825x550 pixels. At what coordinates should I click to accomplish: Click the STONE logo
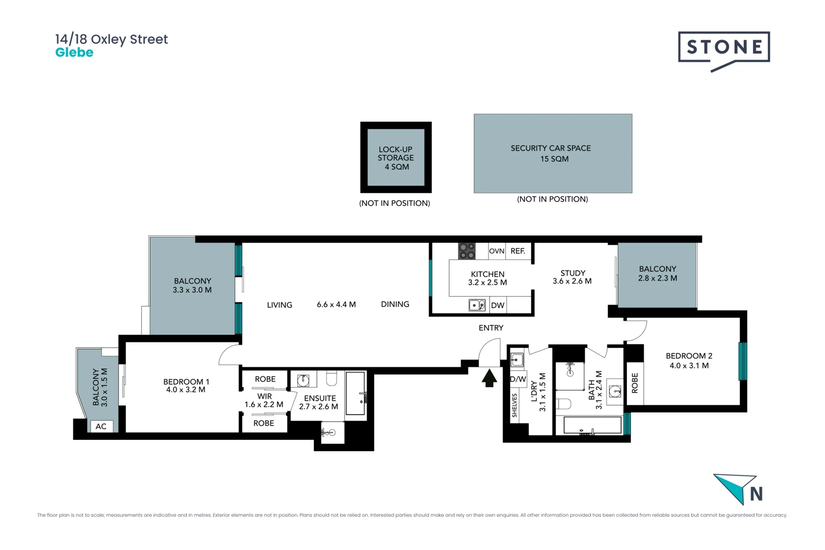724,50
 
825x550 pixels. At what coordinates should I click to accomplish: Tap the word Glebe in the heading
74,52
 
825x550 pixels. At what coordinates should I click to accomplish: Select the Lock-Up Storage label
396,158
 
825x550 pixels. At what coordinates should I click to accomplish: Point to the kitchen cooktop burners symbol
466,251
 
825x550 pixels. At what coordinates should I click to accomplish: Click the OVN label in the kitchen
497,251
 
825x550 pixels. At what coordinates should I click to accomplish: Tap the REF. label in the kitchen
518,251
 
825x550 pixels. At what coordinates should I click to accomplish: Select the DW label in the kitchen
498,306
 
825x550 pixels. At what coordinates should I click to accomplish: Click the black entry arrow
489,378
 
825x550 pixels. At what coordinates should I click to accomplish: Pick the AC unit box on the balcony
101,426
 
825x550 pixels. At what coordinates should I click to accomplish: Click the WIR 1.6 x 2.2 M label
264,400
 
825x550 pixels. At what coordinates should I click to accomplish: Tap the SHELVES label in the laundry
514,405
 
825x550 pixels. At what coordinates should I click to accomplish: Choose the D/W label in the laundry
518,379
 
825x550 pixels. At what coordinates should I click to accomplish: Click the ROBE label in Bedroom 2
635,383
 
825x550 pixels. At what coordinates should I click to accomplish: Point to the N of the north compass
756,494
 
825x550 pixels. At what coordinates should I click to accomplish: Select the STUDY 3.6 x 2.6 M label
572,277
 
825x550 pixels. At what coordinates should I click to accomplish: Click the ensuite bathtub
355,393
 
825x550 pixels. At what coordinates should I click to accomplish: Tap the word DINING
395,305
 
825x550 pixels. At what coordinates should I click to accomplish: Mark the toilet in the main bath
564,404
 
